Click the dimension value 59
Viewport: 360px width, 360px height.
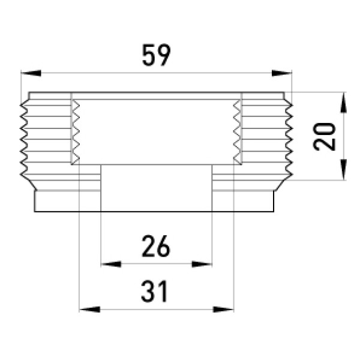[157, 55]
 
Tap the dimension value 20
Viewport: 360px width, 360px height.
[324, 137]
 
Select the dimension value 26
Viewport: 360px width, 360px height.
[156, 246]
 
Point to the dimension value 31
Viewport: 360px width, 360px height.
[155, 291]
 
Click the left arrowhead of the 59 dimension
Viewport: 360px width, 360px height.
[31, 73]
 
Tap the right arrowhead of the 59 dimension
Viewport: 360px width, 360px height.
[282, 73]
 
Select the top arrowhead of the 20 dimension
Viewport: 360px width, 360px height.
[343, 103]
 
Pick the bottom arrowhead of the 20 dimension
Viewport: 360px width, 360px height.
[343, 170]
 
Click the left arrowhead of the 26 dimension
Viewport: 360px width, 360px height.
[111, 264]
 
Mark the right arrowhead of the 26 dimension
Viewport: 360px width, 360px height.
[202, 264]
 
